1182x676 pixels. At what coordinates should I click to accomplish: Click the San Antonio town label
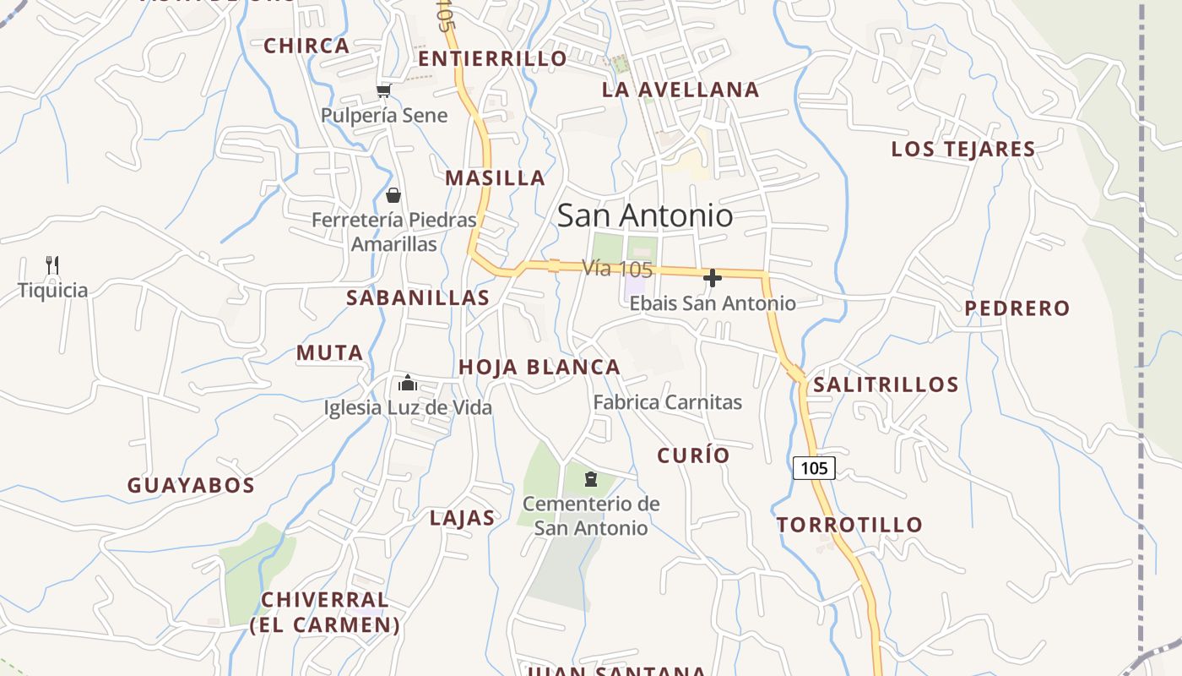(x=645, y=215)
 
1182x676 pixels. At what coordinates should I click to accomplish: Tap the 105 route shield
(x=814, y=468)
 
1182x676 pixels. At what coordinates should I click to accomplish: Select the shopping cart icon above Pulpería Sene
(x=384, y=90)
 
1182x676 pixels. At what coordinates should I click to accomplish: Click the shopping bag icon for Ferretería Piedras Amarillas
(x=393, y=196)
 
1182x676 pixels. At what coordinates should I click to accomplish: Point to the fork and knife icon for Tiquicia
(x=52, y=265)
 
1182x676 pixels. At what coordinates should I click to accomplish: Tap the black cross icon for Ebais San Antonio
(x=713, y=278)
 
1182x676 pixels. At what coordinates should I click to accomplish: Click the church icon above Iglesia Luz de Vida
(x=408, y=383)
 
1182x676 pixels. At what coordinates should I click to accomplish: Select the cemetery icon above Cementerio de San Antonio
(x=591, y=479)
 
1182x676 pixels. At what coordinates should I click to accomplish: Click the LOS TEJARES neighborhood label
(x=963, y=150)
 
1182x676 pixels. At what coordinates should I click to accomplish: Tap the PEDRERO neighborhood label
(x=1017, y=308)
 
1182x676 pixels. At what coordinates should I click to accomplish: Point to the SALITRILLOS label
(x=886, y=385)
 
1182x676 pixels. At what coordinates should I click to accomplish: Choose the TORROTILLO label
(x=850, y=525)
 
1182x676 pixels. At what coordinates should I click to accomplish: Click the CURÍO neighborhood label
(x=693, y=455)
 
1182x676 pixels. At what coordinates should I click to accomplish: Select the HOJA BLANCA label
(x=539, y=367)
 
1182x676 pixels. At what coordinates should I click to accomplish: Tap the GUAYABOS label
(x=191, y=486)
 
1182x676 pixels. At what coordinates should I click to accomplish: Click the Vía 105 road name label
(x=617, y=270)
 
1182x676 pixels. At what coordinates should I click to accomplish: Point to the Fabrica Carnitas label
(x=667, y=402)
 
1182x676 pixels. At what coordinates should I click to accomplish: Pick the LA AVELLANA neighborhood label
(x=680, y=90)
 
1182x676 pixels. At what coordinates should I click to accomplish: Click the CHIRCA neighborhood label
(x=306, y=46)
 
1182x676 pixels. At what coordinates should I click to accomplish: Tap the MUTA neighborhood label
(x=329, y=353)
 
